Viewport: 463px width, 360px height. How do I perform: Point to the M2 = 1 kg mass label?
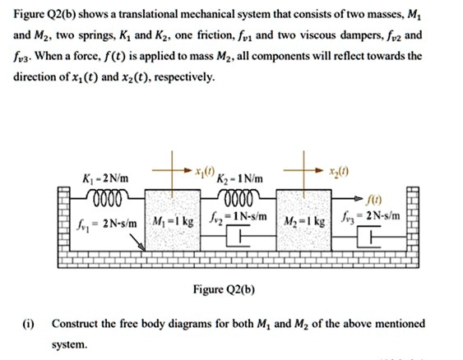[x=305, y=222]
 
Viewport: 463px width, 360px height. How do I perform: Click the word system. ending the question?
[x=72, y=346]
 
